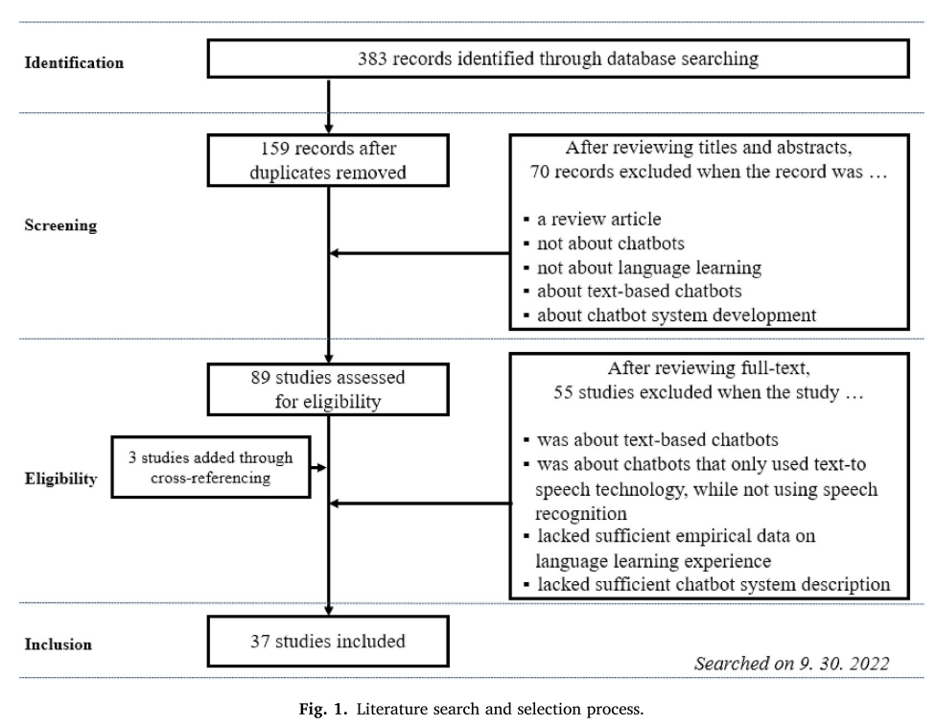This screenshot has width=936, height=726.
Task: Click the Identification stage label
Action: [74, 62]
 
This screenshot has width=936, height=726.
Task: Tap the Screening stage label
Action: [60, 225]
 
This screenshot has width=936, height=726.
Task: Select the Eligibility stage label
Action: [60, 479]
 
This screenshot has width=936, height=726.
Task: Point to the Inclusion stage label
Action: [58, 644]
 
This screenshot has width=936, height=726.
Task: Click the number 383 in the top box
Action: [372, 59]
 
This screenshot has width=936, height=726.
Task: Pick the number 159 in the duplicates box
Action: [274, 148]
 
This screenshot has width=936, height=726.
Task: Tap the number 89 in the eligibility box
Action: [260, 377]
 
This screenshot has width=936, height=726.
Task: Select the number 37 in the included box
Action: [260, 642]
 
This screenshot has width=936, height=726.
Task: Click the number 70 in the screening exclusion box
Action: [540, 172]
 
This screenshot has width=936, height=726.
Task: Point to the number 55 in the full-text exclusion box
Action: [563, 392]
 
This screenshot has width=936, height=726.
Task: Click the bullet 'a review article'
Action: [592, 219]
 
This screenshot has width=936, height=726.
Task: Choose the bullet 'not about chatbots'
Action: [603, 244]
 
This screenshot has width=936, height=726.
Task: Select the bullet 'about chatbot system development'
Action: [669, 316]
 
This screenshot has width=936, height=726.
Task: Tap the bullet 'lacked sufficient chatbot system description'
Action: [707, 584]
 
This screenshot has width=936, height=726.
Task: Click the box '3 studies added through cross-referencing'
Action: [211, 467]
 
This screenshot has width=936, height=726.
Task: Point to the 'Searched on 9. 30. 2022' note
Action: [791, 664]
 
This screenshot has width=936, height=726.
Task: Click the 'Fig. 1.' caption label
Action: [323, 710]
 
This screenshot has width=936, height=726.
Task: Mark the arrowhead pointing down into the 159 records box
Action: [328, 129]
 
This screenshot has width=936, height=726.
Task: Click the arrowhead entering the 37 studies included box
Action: [328, 610]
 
